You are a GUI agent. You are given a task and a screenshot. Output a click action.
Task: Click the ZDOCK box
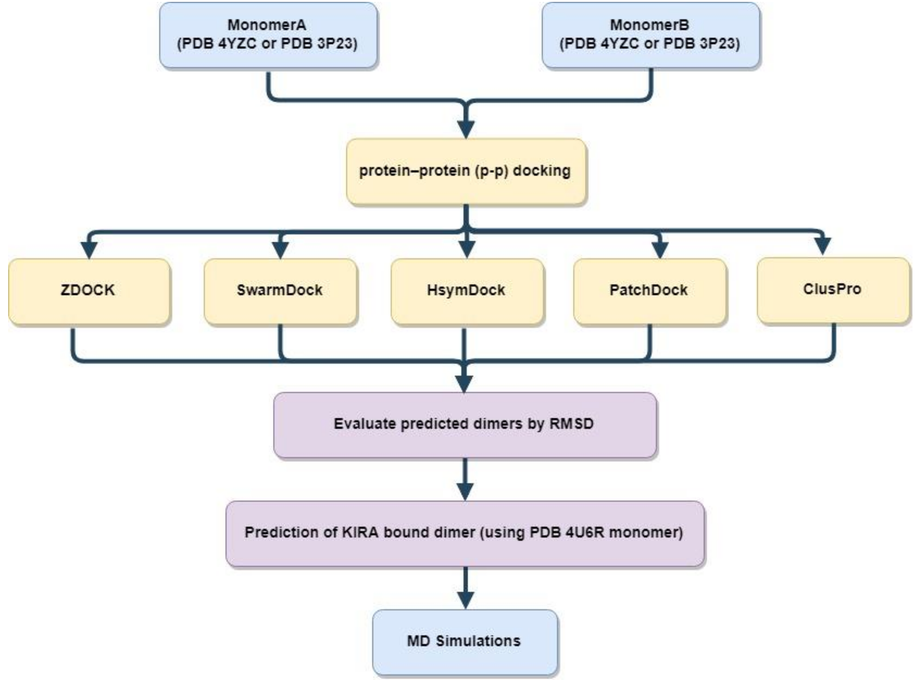(x=88, y=290)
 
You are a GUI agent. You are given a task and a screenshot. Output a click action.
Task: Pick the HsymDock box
(x=466, y=290)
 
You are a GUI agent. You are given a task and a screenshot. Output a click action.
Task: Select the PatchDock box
(x=649, y=290)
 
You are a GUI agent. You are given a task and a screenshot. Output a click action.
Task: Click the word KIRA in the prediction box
(x=361, y=532)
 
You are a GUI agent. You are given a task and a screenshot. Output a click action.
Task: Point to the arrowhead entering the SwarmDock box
(x=280, y=250)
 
